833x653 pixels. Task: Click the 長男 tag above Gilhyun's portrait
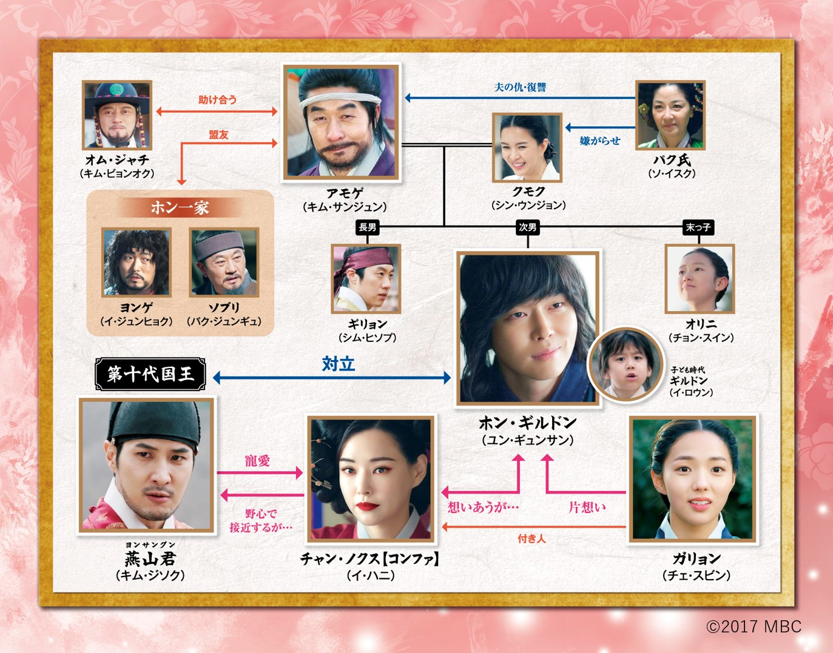pyautogui.click(x=367, y=227)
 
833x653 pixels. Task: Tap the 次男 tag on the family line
pyautogui.click(x=527, y=227)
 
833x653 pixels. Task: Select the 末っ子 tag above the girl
pyautogui.click(x=698, y=227)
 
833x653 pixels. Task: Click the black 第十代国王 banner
pyautogui.click(x=150, y=374)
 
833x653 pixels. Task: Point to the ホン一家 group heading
pyautogui.click(x=180, y=208)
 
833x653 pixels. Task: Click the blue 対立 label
pyautogui.click(x=338, y=364)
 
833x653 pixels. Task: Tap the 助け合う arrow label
pyautogui.click(x=217, y=100)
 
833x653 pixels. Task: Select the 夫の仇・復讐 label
pyautogui.click(x=520, y=87)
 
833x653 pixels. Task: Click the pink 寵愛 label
pyautogui.click(x=257, y=461)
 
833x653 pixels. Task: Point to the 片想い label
pyautogui.click(x=587, y=507)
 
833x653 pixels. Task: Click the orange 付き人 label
pyautogui.click(x=531, y=539)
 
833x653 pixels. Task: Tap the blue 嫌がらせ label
pyautogui.click(x=600, y=141)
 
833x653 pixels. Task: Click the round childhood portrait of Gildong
pyautogui.click(x=626, y=364)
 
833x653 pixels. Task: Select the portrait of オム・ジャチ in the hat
pyautogui.click(x=117, y=115)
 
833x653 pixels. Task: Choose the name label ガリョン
pyautogui.click(x=696, y=559)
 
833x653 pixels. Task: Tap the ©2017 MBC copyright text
pyautogui.click(x=754, y=627)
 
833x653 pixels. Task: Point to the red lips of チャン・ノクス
pyautogui.click(x=367, y=506)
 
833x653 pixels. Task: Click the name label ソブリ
pyautogui.click(x=224, y=308)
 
